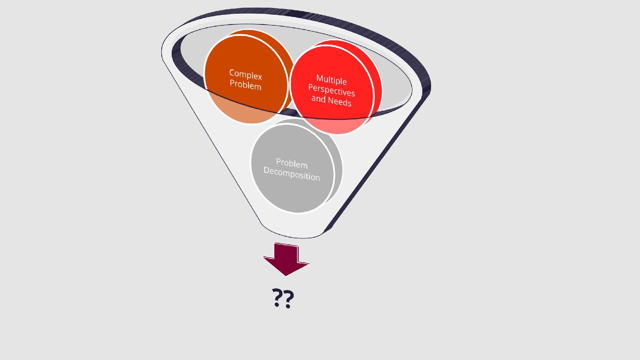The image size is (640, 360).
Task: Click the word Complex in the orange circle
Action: (246, 74)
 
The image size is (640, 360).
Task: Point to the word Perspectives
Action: (331, 90)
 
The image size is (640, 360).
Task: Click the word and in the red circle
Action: (318, 99)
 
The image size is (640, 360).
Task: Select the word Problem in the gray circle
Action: (292, 163)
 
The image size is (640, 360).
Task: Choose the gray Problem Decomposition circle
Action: (293, 193)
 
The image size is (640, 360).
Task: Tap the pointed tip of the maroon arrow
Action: (286, 275)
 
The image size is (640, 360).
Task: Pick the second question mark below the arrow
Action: (289, 297)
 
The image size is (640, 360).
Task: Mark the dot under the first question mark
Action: (277, 305)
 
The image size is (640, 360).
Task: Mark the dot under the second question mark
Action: (288, 306)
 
